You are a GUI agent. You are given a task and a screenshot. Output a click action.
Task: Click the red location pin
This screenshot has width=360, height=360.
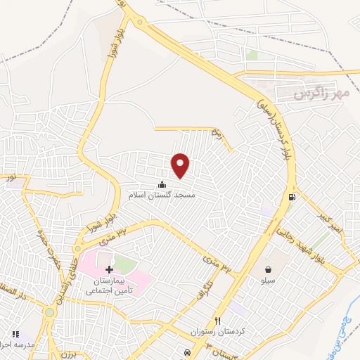181,165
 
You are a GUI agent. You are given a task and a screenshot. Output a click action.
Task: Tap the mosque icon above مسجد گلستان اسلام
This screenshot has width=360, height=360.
163,185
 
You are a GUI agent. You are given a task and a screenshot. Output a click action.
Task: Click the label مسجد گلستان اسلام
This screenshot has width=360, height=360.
163,194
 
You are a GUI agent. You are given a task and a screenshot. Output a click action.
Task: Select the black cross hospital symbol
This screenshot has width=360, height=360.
109,270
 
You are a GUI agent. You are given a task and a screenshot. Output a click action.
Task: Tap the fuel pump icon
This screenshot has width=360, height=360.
291,197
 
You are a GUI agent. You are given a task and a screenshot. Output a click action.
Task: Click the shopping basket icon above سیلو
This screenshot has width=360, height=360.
269,269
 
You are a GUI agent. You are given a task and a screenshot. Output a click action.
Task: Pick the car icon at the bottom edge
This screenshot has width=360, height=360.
187,352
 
